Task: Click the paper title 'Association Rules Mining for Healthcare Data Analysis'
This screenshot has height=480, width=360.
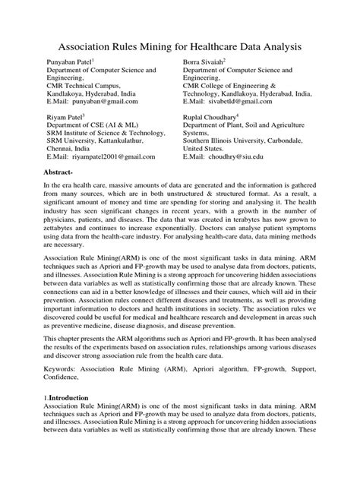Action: [x=180, y=47]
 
